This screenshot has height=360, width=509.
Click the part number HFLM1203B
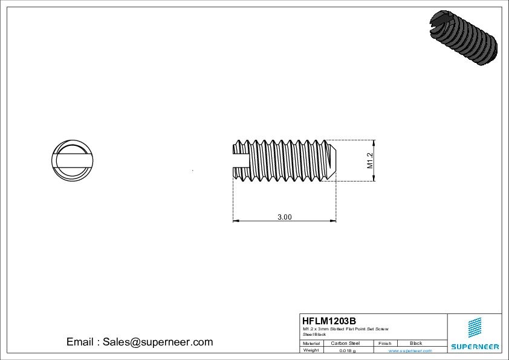click(329, 321)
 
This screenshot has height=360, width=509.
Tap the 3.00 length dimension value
click(284, 217)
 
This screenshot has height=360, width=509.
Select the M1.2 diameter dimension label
click(370, 160)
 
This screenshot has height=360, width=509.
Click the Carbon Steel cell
click(345, 343)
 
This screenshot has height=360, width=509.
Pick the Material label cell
click(311, 343)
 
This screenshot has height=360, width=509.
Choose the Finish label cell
click(385, 343)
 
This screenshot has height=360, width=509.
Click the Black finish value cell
click(416, 343)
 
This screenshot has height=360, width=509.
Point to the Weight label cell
click(311, 350)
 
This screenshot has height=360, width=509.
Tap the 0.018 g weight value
click(347, 350)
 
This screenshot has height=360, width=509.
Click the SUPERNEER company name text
click(475, 347)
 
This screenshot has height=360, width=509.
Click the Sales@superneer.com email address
click(157, 342)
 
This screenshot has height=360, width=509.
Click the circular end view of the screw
click(71, 160)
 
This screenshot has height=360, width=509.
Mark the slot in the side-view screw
click(242, 160)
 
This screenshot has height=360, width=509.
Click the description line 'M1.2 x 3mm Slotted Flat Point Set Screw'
click(345, 329)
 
